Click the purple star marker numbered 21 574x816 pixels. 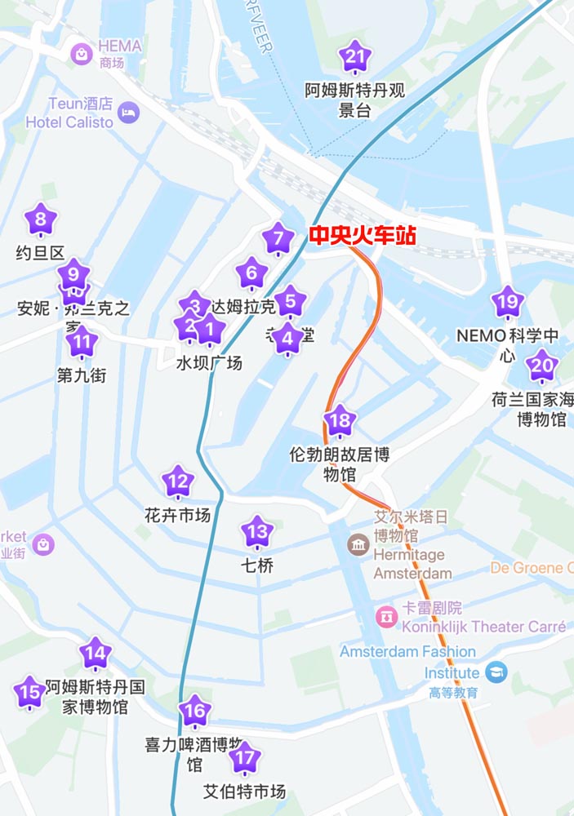[354, 57]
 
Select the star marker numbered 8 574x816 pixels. [41, 220]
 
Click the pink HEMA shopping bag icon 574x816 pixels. [82, 55]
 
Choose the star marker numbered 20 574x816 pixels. [541, 365]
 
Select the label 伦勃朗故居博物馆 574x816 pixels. [340, 464]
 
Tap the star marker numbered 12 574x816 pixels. [178, 482]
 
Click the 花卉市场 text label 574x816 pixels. [178, 516]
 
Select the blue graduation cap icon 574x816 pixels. [496, 673]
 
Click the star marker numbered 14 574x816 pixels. [96, 654]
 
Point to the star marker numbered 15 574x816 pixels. [29, 693]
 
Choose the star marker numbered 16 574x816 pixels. [194, 712]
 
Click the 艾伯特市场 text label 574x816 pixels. [244, 792]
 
